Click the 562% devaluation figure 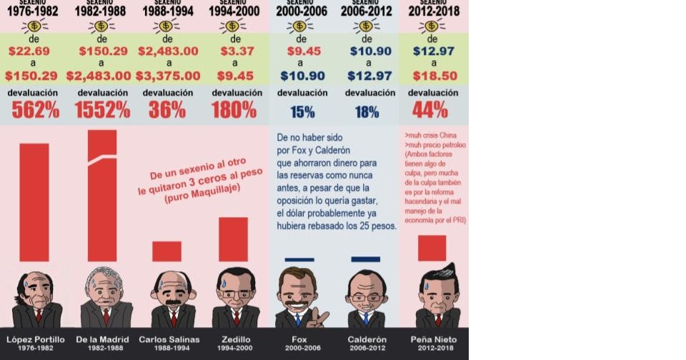[x=35, y=109]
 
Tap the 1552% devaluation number [x=102, y=109]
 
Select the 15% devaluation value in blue [x=302, y=111]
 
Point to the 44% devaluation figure [x=430, y=109]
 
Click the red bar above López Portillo [x=34, y=202]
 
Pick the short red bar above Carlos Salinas [x=166, y=251]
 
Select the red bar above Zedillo [x=233, y=239]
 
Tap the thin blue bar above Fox [x=299, y=259]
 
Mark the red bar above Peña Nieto [x=432, y=248]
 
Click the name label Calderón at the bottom [x=367, y=339]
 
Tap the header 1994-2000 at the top [x=234, y=11]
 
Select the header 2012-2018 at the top [x=434, y=11]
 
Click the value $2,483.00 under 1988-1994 [x=168, y=51]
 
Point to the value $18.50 [x=434, y=76]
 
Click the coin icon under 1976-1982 [x=34, y=26]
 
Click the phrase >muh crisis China [x=430, y=135]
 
